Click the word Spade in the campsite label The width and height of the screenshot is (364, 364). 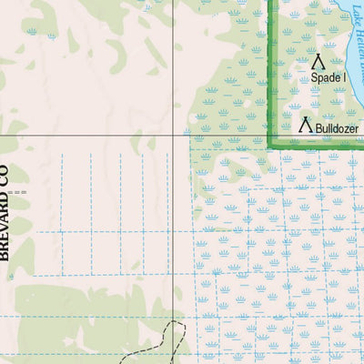point(324,78)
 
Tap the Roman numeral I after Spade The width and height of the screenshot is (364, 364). point(344,78)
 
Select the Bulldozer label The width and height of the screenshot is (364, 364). point(337,129)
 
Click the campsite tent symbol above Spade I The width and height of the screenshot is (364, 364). point(318,62)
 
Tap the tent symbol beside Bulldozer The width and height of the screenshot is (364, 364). point(307,125)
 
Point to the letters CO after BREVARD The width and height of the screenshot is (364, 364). point(5,177)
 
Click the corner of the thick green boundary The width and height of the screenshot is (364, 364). point(270,145)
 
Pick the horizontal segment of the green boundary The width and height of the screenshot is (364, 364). point(318,145)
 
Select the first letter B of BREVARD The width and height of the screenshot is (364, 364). point(5,257)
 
